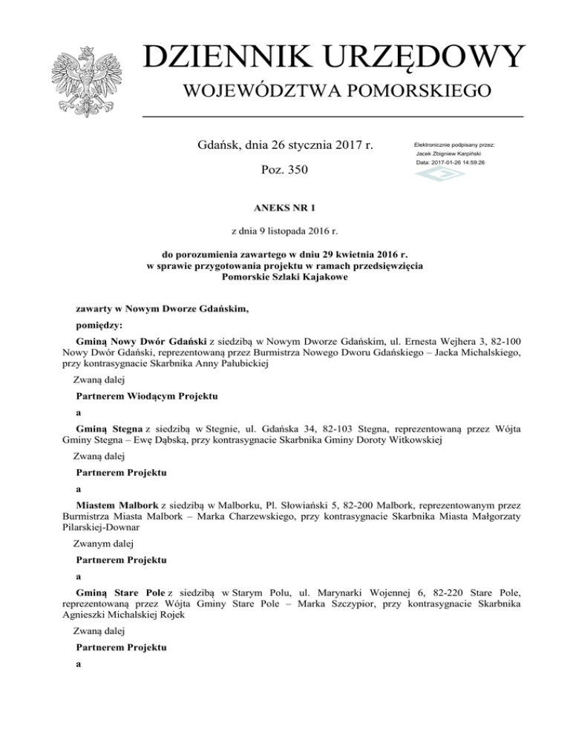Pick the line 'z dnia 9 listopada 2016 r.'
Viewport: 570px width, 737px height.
point(284,232)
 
